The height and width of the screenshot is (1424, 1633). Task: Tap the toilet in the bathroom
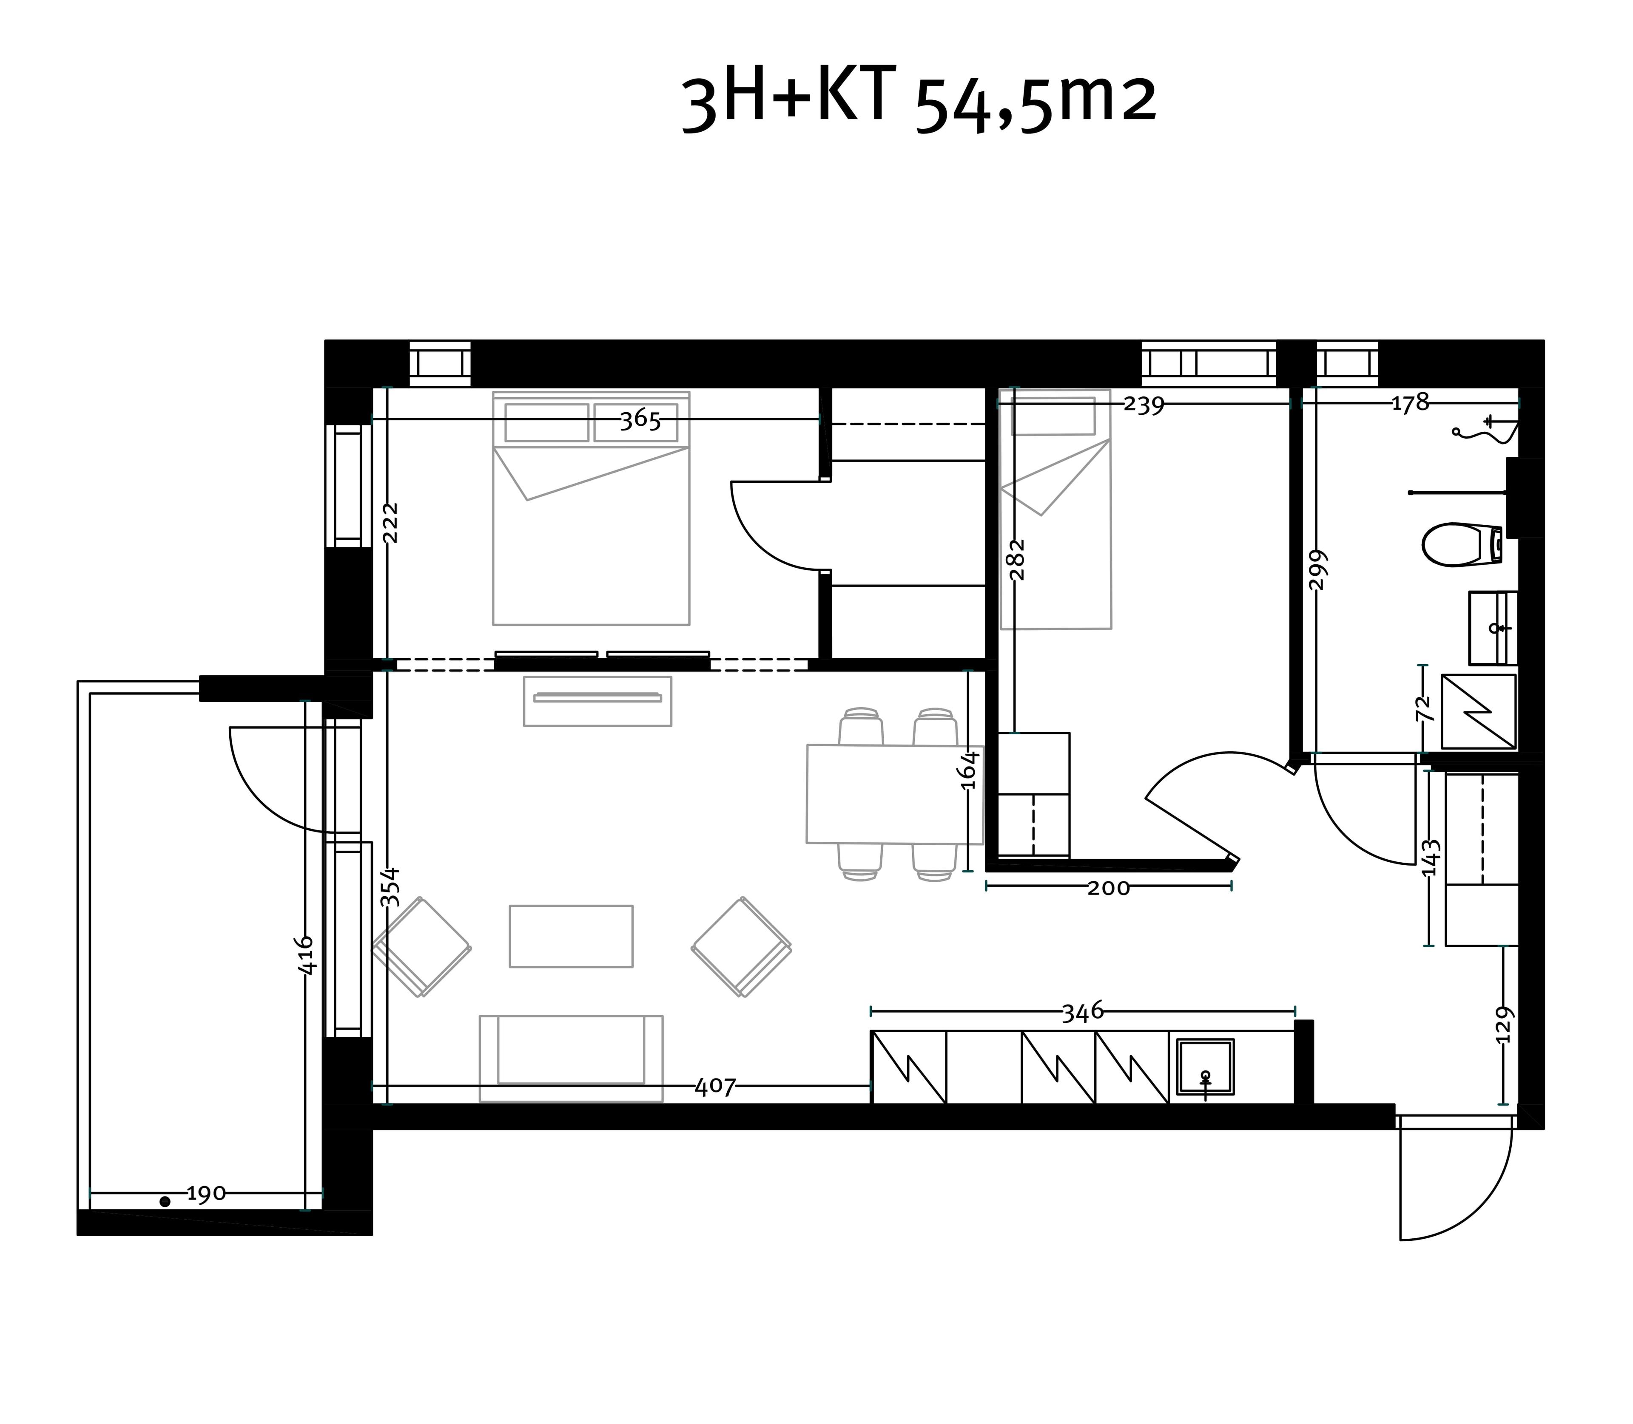pos(1461,544)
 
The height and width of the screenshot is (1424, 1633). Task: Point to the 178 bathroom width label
pos(1411,404)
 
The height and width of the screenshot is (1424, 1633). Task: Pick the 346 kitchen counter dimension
pos(1083,1011)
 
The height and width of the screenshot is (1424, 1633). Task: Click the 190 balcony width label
pos(206,1194)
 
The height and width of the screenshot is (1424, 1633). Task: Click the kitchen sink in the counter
pos(1205,1068)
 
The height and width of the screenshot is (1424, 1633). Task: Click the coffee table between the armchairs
pos(571,936)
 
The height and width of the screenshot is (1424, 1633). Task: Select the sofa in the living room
pos(571,1058)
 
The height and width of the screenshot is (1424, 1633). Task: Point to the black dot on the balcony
pos(165,1201)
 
